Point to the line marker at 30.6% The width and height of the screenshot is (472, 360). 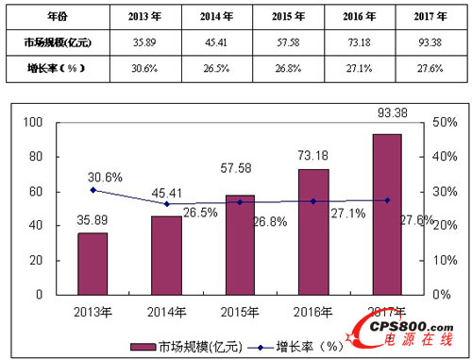pyautogui.click(x=92, y=189)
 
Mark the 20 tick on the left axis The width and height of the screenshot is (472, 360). pyautogui.click(x=38, y=260)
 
